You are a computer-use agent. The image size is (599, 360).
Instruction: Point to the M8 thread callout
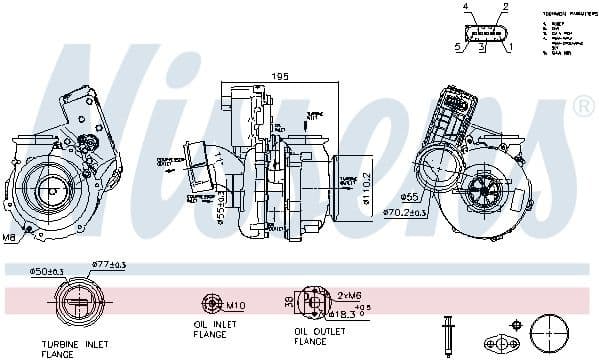coord(9,238)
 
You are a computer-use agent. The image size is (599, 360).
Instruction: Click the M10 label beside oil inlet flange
coord(237,304)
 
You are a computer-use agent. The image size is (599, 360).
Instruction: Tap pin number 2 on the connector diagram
coord(507,8)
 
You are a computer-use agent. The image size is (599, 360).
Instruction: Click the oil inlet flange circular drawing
coord(211,304)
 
